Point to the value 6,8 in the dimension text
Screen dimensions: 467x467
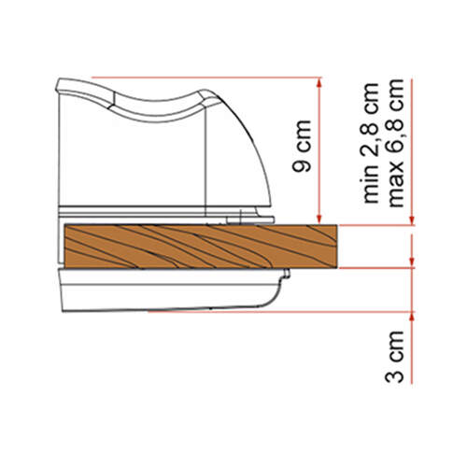click(x=395, y=137)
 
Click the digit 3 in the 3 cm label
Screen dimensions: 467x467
click(x=394, y=374)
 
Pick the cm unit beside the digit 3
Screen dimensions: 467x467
click(x=395, y=345)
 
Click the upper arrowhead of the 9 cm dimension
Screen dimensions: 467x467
click(x=318, y=83)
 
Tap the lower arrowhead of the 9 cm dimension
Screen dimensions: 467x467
click(x=318, y=219)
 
